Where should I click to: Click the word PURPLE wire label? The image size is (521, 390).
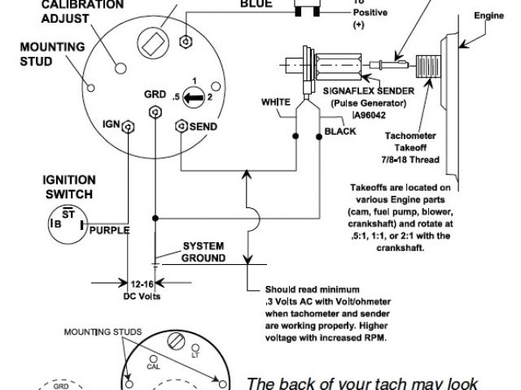tap(108, 230)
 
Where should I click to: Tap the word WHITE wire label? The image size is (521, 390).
tap(276, 103)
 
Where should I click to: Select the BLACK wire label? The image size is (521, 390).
tap(339, 131)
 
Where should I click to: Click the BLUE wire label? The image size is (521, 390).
tap(256, 5)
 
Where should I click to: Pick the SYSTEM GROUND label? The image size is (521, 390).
tap(204, 251)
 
